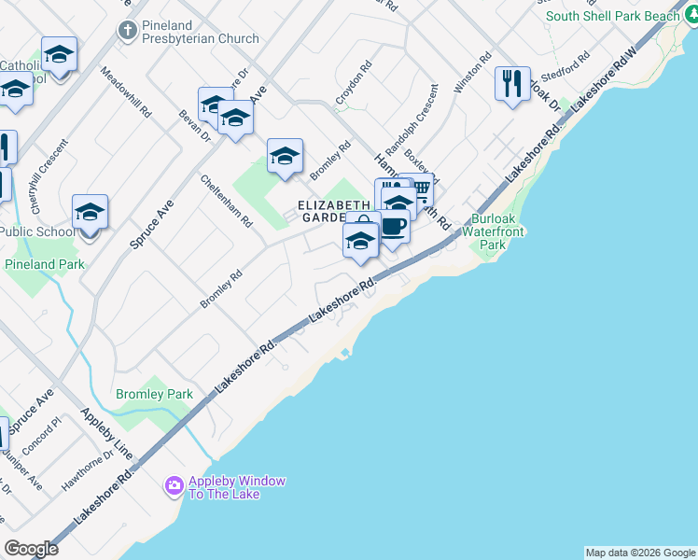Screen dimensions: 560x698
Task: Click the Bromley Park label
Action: pyautogui.click(x=154, y=395)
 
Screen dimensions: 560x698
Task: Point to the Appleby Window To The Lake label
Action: pyautogui.click(x=236, y=487)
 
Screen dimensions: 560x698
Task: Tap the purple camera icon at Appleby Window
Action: pyautogui.click(x=174, y=485)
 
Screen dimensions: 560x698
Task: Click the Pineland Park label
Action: pyautogui.click(x=44, y=264)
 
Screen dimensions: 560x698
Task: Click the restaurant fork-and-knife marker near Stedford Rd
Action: pyautogui.click(x=511, y=84)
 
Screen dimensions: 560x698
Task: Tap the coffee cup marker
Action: pyautogui.click(x=393, y=227)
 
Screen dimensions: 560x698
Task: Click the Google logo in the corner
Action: pyautogui.click(x=31, y=549)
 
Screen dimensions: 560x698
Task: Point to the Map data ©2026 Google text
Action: pyautogui.click(x=640, y=553)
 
